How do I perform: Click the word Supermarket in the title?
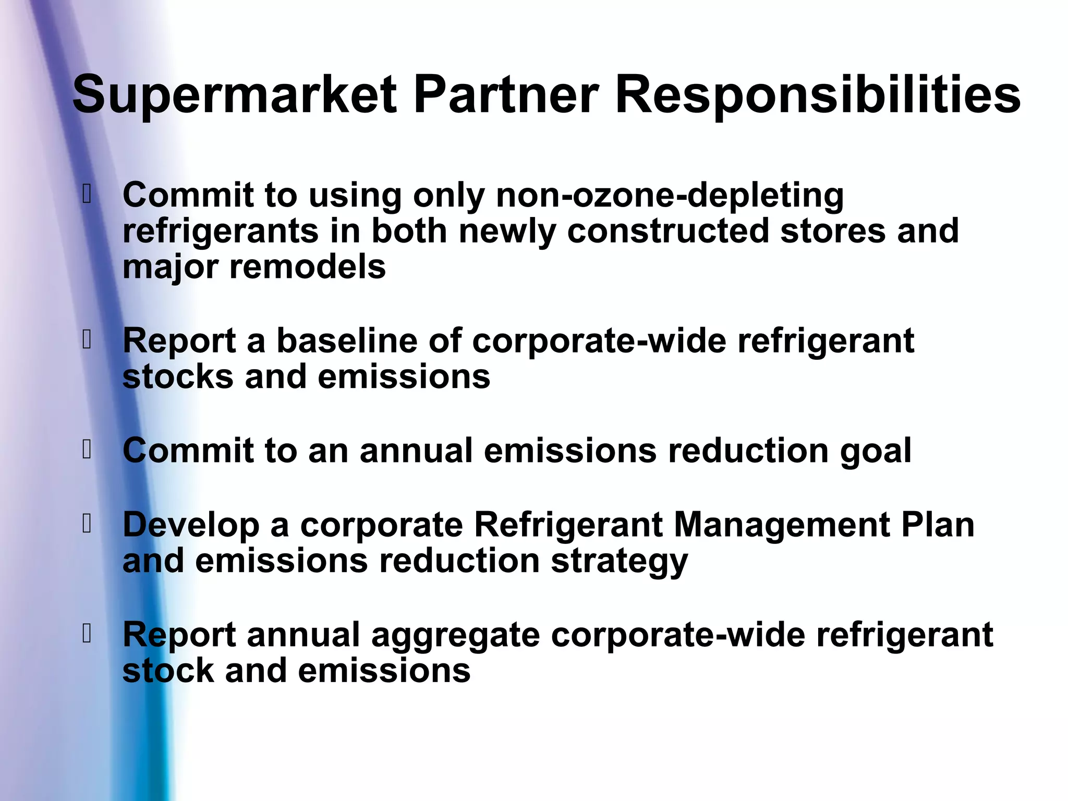click(x=235, y=95)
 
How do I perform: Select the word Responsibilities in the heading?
click(x=818, y=95)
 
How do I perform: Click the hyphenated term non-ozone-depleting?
click(x=670, y=196)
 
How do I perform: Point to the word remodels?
click(x=307, y=267)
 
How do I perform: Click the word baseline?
click(x=346, y=341)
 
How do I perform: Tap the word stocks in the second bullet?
click(x=178, y=377)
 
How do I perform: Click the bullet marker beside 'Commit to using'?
click(x=87, y=195)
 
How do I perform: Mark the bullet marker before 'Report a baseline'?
click(x=87, y=340)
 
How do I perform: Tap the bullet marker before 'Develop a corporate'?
click(x=87, y=524)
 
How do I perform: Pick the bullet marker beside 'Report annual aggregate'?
click(x=87, y=634)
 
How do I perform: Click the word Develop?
click(x=191, y=526)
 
